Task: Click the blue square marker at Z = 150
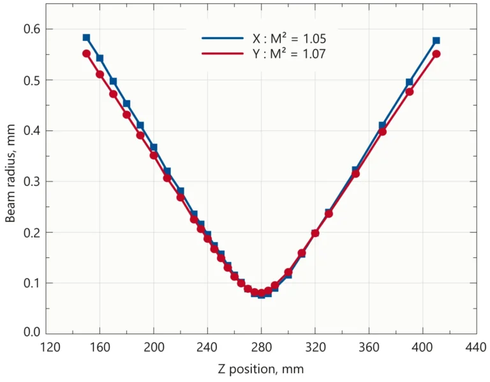86,38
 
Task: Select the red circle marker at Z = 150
86,54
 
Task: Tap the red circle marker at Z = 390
410,91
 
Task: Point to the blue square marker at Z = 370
383,125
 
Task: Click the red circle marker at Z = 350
356,174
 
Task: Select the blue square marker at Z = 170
113,81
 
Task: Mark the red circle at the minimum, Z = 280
261,293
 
